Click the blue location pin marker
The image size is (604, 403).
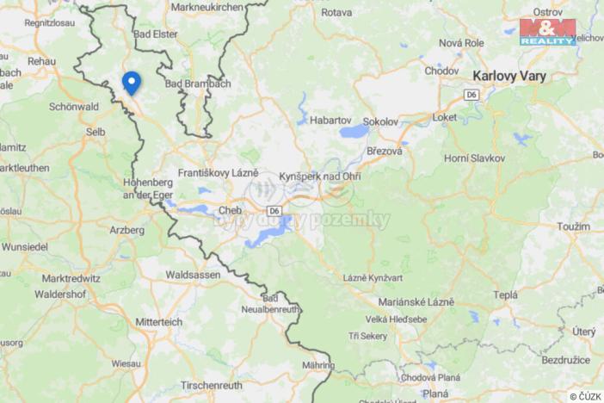[x=131, y=82]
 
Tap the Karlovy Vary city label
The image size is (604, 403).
[x=509, y=75]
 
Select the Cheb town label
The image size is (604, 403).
[x=230, y=210]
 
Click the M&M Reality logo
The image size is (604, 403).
[x=547, y=32]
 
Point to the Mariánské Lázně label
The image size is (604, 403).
[x=416, y=302]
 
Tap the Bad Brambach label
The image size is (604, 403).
[x=198, y=84]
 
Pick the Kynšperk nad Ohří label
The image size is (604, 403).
[x=319, y=177]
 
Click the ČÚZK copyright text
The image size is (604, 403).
[x=585, y=396]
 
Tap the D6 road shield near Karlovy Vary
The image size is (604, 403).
[x=471, y=93]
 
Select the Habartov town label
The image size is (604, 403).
[x=330, y=121]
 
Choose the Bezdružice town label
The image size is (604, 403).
[x=564, y=360]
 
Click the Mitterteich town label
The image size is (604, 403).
[x=157, y=321]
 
